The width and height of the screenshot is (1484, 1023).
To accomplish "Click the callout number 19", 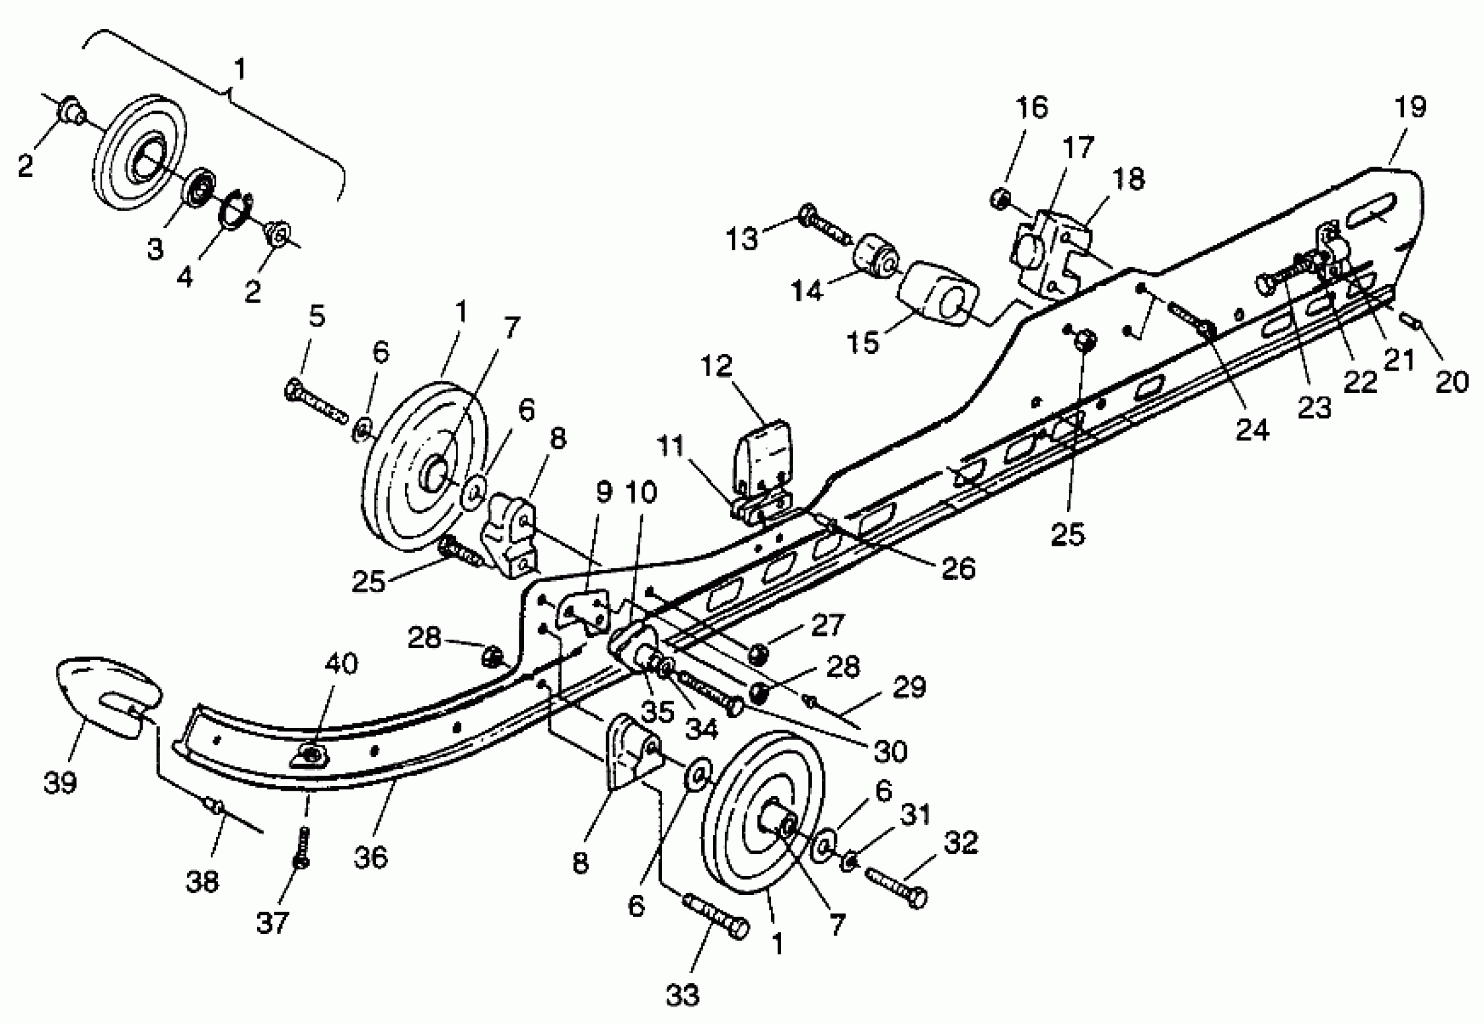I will [1410, 108].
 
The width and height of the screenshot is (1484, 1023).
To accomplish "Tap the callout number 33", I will [682, 996].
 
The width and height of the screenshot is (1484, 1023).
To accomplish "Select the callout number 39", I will [60, 782].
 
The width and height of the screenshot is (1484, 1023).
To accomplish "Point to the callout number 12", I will [716, 366].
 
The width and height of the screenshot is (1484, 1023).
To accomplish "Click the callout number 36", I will [371, 857].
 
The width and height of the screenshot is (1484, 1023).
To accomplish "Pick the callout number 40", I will [341, 664].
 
